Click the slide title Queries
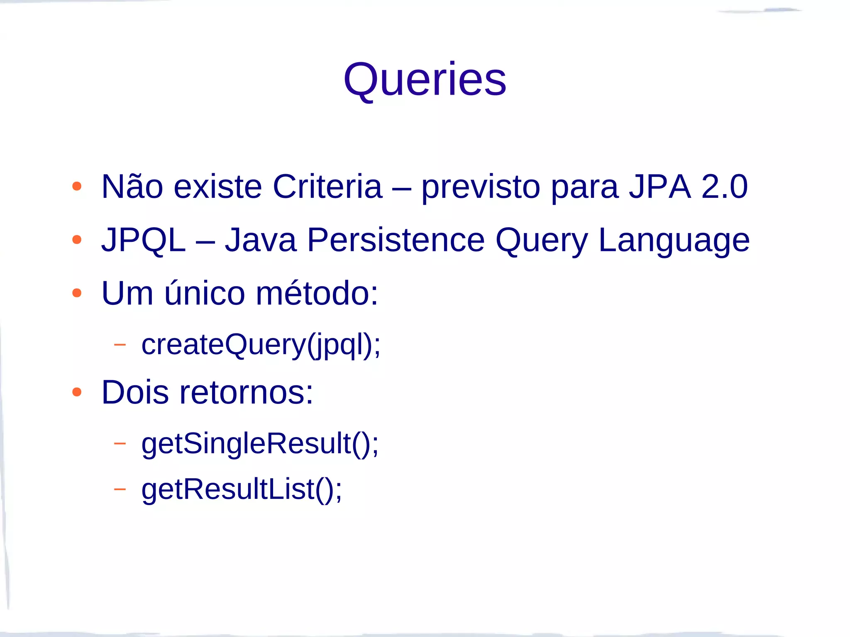[x=425, y=80]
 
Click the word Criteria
[x=327, y=187]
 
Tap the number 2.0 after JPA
[x=724, y=187]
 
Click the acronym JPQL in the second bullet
[x=143, y=241]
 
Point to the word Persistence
[x=396, y=241]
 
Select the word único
[x=205, y=293]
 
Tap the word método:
[x=317, y=293]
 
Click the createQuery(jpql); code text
[x=261, y=345]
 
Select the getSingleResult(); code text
[x=260, y=444]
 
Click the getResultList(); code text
[x=242, y=490]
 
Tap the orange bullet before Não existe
[x=76, y=187]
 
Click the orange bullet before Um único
[x=76, y=293]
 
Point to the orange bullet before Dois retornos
[x=76, y=392]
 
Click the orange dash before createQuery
[x=120, y=344]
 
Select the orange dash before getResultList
[x=120, y=489]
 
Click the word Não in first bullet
[x=132, y=187]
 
